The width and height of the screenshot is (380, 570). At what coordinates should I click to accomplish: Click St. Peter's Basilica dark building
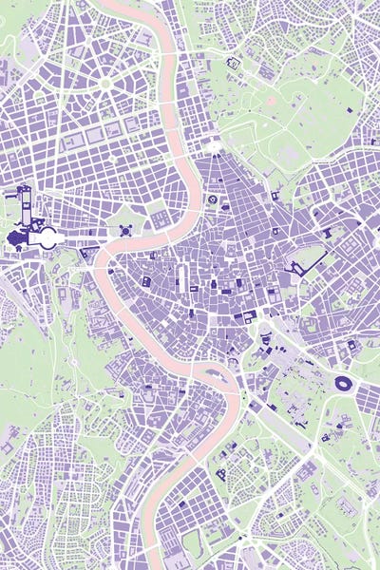(16, 237)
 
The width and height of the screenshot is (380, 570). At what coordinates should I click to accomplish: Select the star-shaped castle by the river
(124, 231)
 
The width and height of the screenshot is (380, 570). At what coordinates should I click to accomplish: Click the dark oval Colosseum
(343, 384)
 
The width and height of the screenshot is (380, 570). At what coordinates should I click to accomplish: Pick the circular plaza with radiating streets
(105, 84)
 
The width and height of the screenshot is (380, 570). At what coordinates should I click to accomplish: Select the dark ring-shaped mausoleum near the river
(213, 200)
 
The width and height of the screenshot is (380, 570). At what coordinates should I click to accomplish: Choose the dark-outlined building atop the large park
(234, 64)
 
